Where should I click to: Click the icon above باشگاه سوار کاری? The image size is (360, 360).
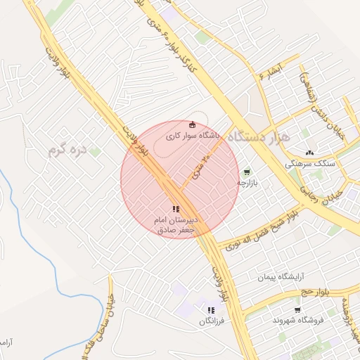pyautogui.click(x=193, y=125)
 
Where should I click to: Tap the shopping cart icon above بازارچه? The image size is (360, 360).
pyautogui.click(x=247, y=172)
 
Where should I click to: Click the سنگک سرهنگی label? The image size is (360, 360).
pyautogui.click(x=310, y=163)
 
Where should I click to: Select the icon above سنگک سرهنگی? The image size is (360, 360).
pyautogui.click(x=310, y=153)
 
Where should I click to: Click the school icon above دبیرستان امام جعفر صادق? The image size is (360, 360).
pyautogui.click(x=176, y=208)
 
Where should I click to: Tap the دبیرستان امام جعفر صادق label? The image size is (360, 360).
pyautogui.click(x=176, y=225)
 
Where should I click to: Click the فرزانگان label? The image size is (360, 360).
pyautogui.click(x=211, y=321)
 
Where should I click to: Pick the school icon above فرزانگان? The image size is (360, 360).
pyautogui.click(x=211, y=309)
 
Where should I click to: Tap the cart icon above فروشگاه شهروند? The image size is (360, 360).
pyautogui.click(x=298, y=309)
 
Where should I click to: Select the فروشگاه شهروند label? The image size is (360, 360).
pyautogui.click(x=298, y=320)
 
